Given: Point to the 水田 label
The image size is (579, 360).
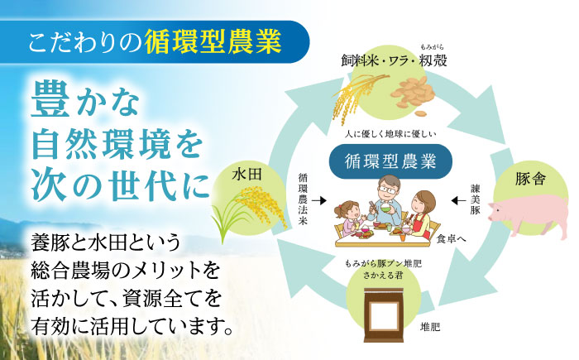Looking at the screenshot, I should coord(247,175).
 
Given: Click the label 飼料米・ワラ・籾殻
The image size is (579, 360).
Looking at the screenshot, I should coord(386,60).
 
